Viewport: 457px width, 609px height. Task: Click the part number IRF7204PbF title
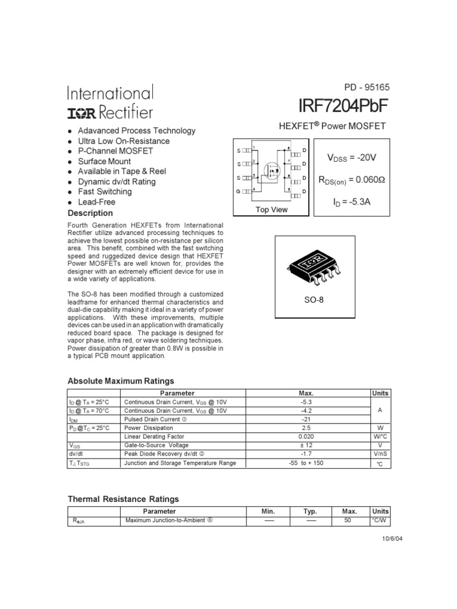343,106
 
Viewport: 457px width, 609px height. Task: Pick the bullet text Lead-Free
96,202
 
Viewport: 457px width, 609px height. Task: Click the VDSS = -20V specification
352,158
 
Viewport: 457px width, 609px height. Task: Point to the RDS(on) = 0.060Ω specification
352,180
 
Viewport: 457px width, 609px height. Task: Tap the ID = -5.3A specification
352,202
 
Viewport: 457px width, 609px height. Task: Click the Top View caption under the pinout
271,209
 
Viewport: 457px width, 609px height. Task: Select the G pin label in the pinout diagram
239,192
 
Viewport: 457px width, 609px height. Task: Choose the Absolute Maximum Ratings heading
121,381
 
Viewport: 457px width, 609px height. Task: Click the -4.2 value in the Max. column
306,410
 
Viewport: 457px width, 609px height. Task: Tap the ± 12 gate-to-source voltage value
306,445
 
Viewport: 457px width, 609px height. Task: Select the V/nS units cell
380,454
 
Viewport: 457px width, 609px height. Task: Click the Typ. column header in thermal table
310,511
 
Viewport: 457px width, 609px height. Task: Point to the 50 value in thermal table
348,520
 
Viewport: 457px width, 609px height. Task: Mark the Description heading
90,213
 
